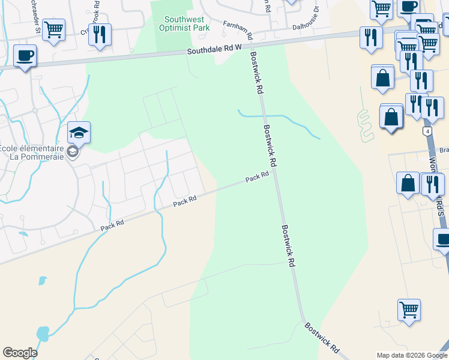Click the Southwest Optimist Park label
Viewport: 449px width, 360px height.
[184, 23]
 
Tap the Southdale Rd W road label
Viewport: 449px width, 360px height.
[214, 51]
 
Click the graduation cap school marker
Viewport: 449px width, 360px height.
[79, 132]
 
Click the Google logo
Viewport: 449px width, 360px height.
[20, 353]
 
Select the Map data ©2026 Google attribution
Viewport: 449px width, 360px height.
[412, 355]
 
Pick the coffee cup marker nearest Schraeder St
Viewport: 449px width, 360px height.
[25, 56]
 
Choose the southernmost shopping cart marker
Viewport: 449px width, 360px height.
[409, 310]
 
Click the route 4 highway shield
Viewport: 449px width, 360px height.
[427, 131]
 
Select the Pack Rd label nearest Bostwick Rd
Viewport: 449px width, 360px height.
[256, 178]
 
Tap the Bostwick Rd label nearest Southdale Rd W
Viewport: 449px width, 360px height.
[256, 73]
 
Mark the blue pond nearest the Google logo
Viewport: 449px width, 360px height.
[43, 333]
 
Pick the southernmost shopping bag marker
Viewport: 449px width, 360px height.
[408, 183]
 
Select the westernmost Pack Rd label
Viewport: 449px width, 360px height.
[112, 224]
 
